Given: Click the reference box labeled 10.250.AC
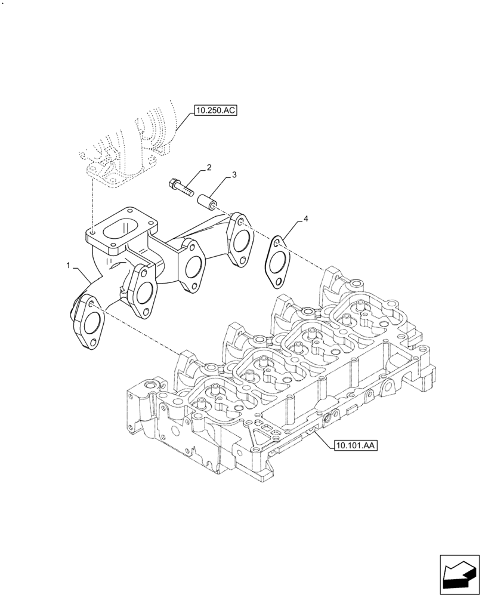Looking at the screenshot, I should point(215,110).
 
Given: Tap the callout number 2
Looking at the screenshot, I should point(209,167).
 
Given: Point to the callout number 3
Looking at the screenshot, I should point(234,175).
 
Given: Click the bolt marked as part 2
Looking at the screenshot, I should point(182,186).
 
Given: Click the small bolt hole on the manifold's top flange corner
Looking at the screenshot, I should point(94,230).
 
